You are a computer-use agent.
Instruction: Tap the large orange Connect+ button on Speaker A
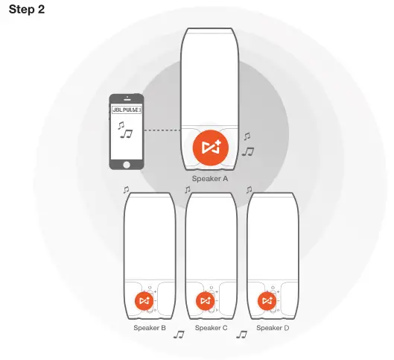click(x=209, y=148)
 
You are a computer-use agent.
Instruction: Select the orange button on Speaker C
click(x=204, y=300)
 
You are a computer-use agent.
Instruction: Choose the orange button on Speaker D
click(x=266, y=300)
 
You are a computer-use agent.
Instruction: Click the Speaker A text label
click(x=209, y=180)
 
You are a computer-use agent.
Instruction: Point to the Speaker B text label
click(x=150, y=328)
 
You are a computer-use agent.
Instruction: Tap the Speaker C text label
click(x=212, y=328)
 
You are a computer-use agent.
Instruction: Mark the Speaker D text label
click(x=272, y=328)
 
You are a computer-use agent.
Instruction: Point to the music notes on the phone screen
click(x=123, y=131)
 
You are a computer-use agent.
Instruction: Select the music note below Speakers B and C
click(x=179, y=335)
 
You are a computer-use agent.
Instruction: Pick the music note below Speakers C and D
click(x=241, y=335)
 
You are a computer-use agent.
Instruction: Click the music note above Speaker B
click(x=127, y=191)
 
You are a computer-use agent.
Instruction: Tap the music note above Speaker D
click(x=250, y=191)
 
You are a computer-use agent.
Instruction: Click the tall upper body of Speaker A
click(x=209, y=75)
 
